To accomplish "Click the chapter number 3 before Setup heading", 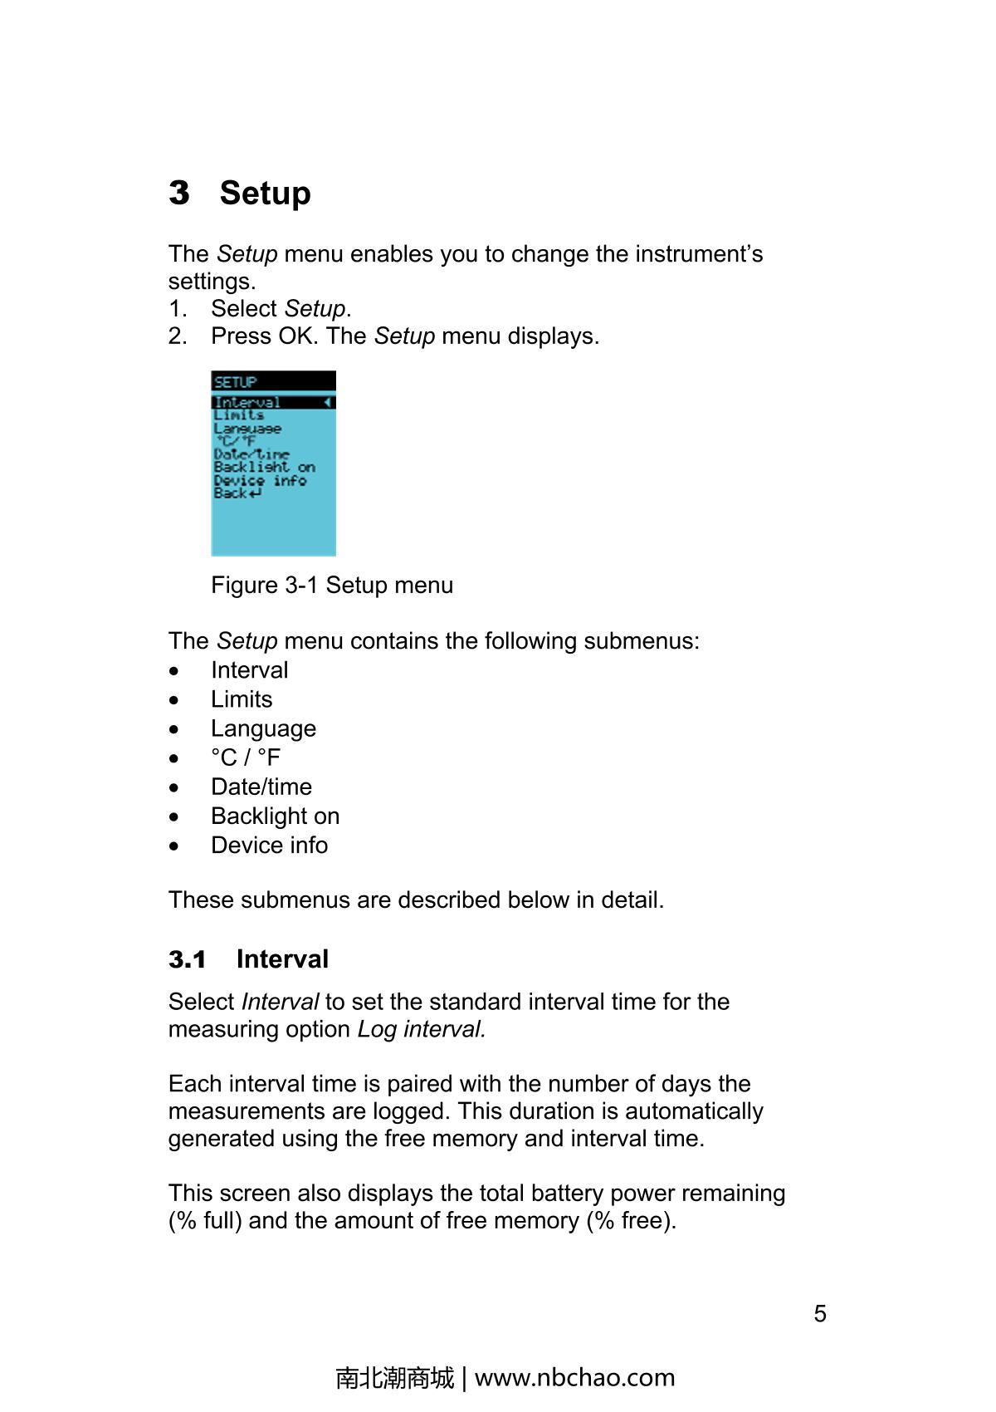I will (x=178, y=193).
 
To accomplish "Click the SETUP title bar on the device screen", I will (x=273, y=381).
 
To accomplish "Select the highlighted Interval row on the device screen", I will (x=273, y=403).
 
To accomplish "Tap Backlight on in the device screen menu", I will (x=264, y=468).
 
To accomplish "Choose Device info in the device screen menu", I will (x=260, y=480).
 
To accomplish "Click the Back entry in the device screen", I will (x=237, y=493).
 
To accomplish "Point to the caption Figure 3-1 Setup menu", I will (x=332, y=586).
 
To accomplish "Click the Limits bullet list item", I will (x=242, y=699).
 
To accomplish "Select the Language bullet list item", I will (x=263, y=728).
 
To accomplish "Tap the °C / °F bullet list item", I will (x=246, y=757).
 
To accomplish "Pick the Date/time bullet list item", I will (x=261, y=787).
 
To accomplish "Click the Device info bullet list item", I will (x=269, y=845).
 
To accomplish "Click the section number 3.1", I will (x=188, y=959).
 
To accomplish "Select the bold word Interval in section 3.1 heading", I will (x=282, y=959).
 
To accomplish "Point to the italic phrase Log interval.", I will (x=421, y=1029).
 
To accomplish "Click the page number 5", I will (x=820, y=1313).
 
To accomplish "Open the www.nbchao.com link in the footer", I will (x=574, y=1378).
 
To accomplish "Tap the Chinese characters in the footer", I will (x=395, y=1378).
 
